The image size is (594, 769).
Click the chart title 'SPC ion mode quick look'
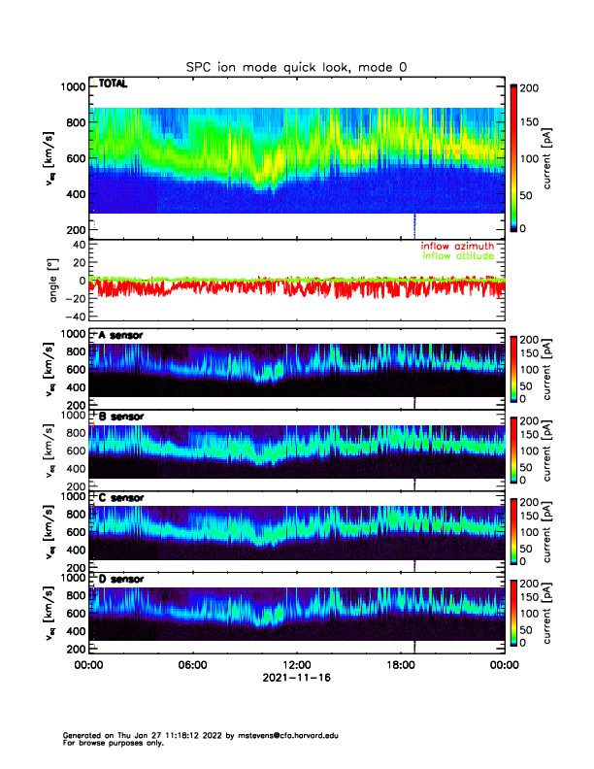[297, 66]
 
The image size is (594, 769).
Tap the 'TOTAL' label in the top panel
[113, 84]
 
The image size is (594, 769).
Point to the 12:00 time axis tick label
[296, 665]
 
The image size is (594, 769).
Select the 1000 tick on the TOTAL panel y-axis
[72, 86]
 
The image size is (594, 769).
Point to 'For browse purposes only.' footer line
[115, 743]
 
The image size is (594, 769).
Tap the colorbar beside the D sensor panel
[513, 614]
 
